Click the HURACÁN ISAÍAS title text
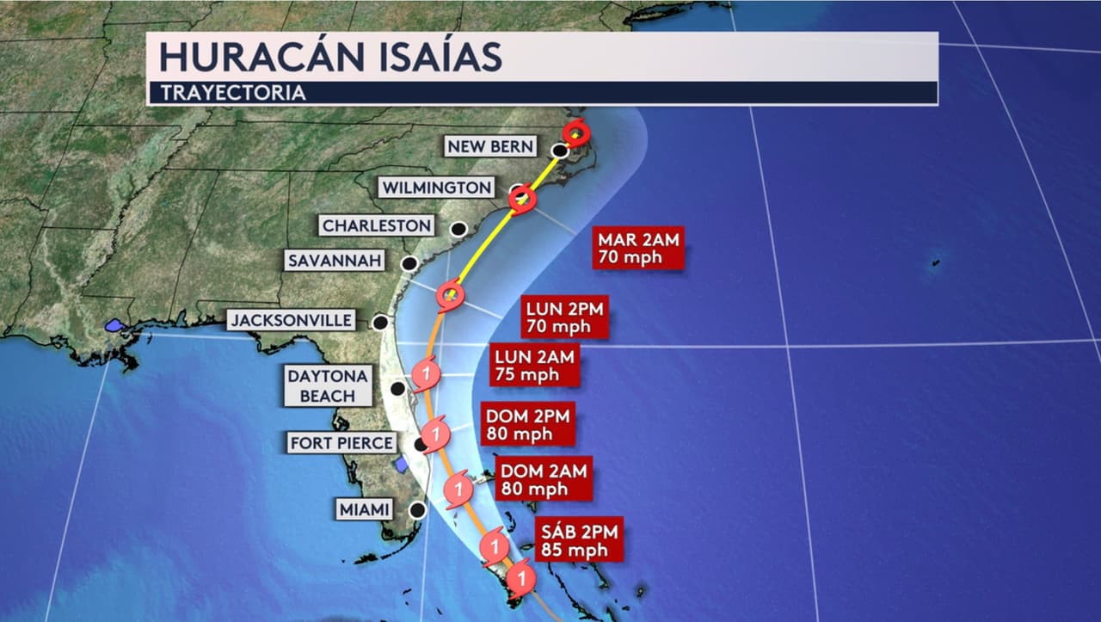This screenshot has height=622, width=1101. pos(329,56)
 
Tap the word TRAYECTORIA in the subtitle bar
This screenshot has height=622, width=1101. pos(233,93)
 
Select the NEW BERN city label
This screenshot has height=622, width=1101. pos(490,146)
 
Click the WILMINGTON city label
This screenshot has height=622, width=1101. pos(437,188)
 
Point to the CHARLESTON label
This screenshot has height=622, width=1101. pos(376,225)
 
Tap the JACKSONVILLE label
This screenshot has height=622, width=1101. pos(292,321)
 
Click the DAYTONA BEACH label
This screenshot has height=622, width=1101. pos(327,385)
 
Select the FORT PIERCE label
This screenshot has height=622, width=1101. pos(342,443)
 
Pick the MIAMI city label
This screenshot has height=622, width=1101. pos(365,509)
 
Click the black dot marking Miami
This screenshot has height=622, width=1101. pos(417,510)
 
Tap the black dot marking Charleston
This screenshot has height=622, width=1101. pos(459,229)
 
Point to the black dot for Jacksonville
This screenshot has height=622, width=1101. pos(379,323)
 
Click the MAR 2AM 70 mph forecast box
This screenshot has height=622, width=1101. pos(638,248)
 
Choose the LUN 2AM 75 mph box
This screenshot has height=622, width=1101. pos(535,365)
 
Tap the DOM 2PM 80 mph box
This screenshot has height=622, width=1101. pos(527,424)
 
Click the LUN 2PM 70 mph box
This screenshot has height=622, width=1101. pos(565,317)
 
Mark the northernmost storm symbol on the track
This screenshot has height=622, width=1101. pos(576,133)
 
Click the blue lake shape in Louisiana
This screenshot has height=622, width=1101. pos(114,326)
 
